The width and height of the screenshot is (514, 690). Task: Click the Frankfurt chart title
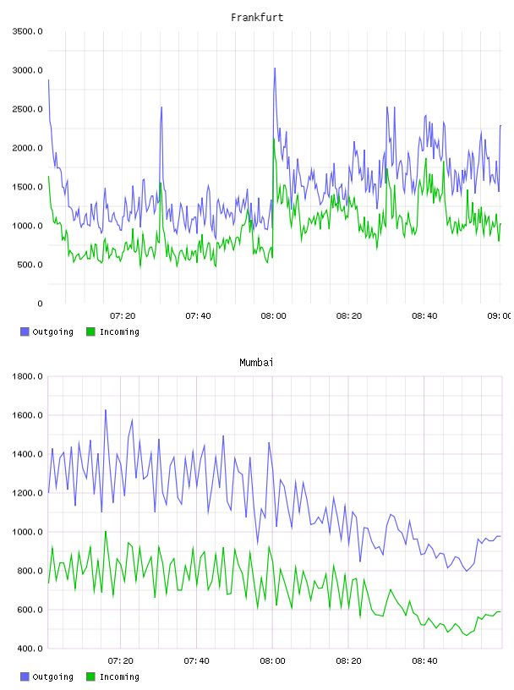click(x=257, y=18)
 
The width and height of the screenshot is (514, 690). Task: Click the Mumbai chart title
click(x=256, y=363)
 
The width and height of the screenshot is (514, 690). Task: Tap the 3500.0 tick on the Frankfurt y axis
click(x=27, y=31)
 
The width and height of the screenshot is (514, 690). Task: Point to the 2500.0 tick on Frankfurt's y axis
click(x=27, y=109)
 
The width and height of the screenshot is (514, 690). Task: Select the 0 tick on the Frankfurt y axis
click(x=40, y=304)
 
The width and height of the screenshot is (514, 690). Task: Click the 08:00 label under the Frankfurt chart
click(x=273, y=316)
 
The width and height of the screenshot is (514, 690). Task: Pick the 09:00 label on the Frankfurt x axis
click(x=500, y=316)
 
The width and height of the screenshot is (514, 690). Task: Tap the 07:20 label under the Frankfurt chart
click(x=123, y=316)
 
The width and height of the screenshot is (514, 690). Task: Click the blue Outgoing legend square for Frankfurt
click(x=25, y=331)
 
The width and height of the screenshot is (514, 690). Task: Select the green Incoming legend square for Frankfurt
click(x=90, y=331)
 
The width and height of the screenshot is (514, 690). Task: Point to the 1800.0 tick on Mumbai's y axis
click(x=27, y=376)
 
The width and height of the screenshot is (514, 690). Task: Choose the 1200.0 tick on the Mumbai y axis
click(x=27, y=493)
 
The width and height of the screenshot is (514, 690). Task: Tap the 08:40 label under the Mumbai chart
click(x=424, y=661)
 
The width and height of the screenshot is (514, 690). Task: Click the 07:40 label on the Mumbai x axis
click(x=197, y=661)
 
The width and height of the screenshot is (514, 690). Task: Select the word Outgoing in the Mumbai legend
click(x=52, y=676)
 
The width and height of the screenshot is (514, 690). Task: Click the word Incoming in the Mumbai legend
click(x=119, y=676)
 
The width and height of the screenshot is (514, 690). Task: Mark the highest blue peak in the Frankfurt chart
click(x=275, y=68)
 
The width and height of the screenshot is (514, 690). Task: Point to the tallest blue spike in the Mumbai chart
click(x=106, y=410)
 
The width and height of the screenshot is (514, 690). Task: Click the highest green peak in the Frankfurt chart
click(x=274, y=139)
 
